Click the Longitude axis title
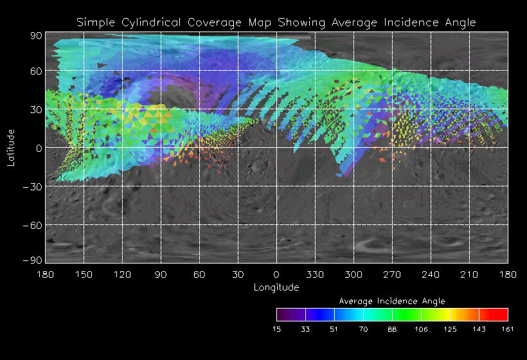pyautogui.click(x=276, y=287)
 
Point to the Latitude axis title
pyautogui.click(x=11, y=148)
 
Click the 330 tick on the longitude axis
pyautogui.click(x=315, y=274)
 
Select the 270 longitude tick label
pyautogui.click(x=392, y=274)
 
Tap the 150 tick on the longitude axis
pyautogui.click(x=84, y=274)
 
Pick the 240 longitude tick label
pyautogui.click(x=431, y=274)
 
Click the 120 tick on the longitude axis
pyautogui.click(x=122, y=274)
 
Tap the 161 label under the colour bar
pyautogui.click(x=508, y=329)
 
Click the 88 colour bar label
pyautogui.click(x=392, y=329)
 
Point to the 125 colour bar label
pyautogui.click(x=450, y=329)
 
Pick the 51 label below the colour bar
pyautogui.click(x=334, y=329)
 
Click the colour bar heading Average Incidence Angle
pyautogui.click(x=392, y=301)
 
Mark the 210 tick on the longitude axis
pyautogui.click(x=469, y=274)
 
